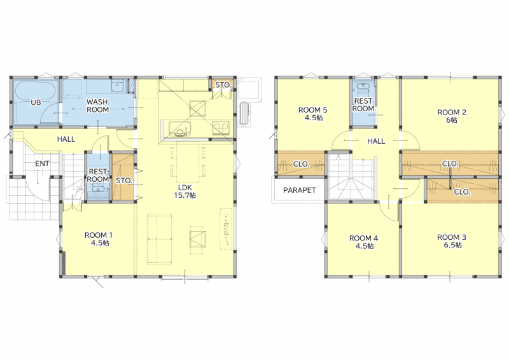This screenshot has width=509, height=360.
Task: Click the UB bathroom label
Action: click(x=36, y=102)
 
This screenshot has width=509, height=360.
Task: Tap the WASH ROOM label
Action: click(x=97, y=106)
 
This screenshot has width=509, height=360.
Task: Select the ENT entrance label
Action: click(x=42, y=163)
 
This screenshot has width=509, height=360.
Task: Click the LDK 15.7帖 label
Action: click(x=185, y=191)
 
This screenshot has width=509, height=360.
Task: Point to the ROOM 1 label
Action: click(x=99, y=239)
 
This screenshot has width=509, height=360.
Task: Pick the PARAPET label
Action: click(x=299, y=190)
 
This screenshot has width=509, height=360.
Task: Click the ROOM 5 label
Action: click(x=313, y=114)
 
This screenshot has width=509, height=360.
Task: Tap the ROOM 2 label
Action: click(x=452, y=116)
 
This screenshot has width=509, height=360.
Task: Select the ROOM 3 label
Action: click(x=452, y=241)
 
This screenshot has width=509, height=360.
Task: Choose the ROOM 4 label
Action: click(x=363, y=242)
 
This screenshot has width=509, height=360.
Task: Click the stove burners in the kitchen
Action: click(x=221, y=128)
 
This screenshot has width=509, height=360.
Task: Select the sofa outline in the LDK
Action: click(x=159, y=239)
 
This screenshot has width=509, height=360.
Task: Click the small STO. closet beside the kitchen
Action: click(x=223, y=85)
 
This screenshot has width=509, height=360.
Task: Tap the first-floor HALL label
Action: click(x=66, y=139)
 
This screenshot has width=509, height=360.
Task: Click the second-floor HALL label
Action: click(x=376, y=141)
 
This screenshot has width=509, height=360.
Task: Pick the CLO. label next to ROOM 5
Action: click(x=301, y=164)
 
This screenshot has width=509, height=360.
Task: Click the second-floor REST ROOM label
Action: click(x=363, y=105)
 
